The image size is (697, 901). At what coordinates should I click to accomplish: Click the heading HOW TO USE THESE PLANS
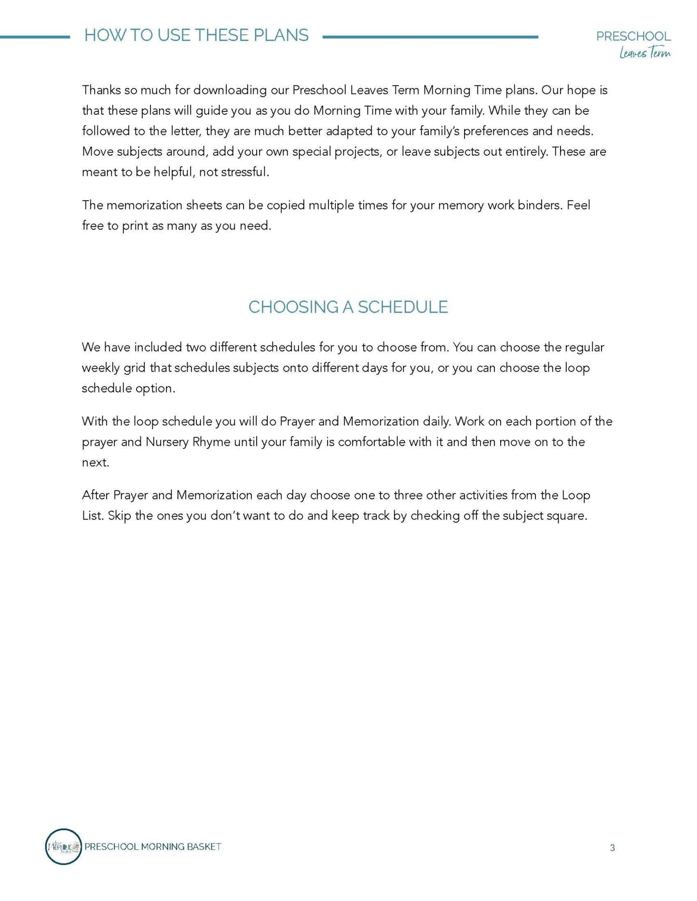196,35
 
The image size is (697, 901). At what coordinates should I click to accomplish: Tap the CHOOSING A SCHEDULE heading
348,307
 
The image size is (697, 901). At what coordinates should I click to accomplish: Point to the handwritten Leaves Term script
645,53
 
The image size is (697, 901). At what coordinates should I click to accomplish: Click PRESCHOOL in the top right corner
633,36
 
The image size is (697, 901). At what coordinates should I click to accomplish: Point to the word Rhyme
211,442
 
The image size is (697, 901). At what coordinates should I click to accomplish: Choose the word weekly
101,368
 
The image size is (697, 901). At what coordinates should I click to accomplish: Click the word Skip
119,516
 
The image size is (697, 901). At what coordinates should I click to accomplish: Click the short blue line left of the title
35,37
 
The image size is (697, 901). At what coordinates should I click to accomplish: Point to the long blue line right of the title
430,37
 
